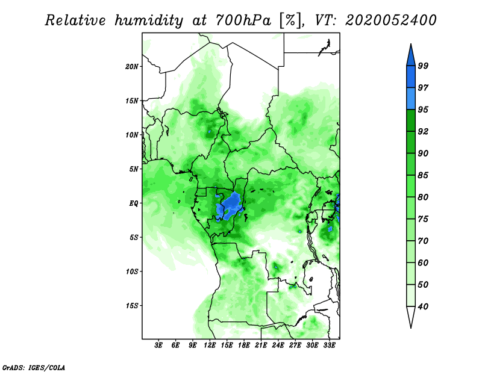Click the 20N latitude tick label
click(x=132, y=66)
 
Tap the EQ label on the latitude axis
click(x=134, y=203)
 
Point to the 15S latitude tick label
click(x=132, y=306)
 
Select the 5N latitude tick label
click(x=134, y=169)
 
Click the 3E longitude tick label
click(x=158, y=346)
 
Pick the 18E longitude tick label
click(x=244, y=346)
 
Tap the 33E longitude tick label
click(x=329, y=346)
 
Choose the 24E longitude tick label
click(x=278, y=346)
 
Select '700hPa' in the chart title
click(x=239, y=20)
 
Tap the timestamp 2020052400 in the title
click(x=390, y=20)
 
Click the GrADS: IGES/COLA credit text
click(x=33, y=367)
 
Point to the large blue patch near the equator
click(x=231, y=206)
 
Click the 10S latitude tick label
click(x=132, y=271)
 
